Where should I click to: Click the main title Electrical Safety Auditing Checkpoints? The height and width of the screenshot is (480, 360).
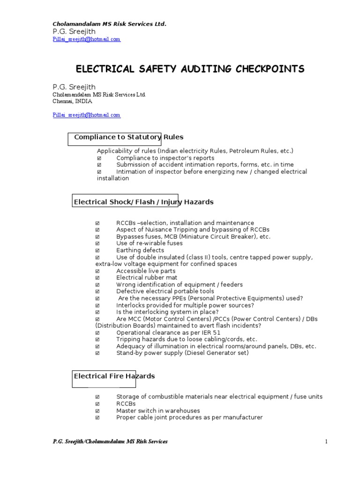click(x=190, y=69)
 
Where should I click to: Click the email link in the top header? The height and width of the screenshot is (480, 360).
click(x=86, y=39)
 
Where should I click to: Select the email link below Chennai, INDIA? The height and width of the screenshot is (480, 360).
click(x=86, y=115)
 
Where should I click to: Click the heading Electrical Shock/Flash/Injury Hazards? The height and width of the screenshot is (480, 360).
click(x=143, y=202)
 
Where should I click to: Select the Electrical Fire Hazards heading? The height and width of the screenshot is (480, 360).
click(x=114, y=376)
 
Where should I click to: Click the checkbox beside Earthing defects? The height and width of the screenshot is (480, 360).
click(x=97, y=251)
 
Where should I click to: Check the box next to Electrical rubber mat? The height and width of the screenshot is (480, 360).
click(x=97, y=278)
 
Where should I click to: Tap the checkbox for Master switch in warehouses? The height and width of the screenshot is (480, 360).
click(x=97, y=411)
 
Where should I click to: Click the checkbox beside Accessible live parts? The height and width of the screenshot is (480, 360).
click(x=97, y=271)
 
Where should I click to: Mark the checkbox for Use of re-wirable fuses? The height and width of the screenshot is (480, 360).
click(x=97, y=244)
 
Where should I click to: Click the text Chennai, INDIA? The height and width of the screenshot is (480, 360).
click(x=72, y=101)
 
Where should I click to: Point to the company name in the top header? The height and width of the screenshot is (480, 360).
click(x=109, y=24)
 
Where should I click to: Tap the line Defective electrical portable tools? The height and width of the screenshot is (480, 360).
click(x=165, y=292)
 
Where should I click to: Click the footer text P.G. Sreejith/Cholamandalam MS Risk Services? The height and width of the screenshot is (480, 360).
click(x=110, y=442)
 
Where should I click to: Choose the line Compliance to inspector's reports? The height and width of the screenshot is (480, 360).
click(x=165, y=158)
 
